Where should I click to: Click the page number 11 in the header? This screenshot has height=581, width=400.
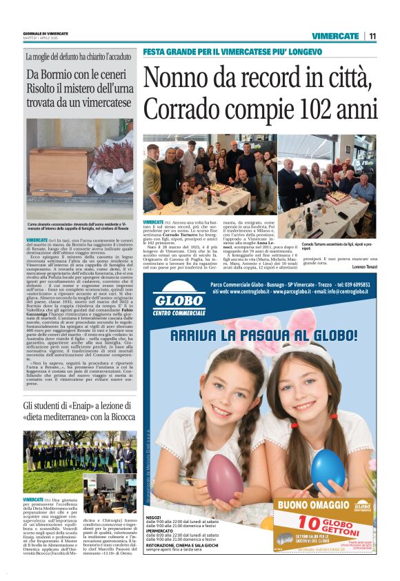point(372,36)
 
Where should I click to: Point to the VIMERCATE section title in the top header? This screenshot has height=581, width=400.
point(335,36)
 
